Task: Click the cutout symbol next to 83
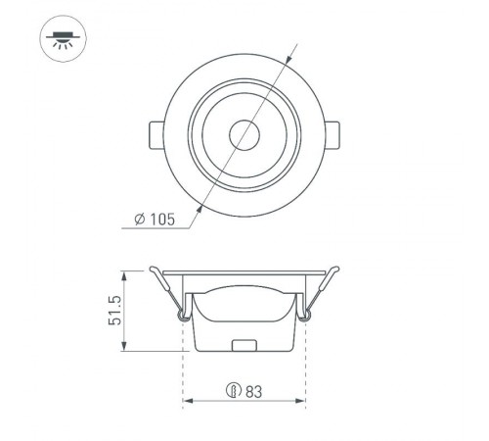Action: point(234,391)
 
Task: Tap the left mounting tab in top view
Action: point(157,134)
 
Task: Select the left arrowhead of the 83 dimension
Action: point(188,401)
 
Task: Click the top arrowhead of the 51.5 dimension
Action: point(125,273)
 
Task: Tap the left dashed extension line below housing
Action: point(184,372)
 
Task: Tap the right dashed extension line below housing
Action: point(306,372)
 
